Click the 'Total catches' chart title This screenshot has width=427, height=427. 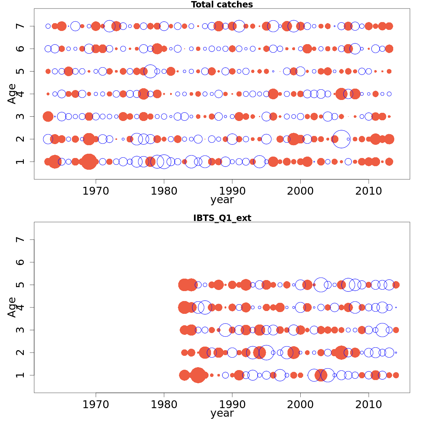pos(222,5)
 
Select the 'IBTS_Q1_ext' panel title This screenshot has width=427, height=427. pos(222,218)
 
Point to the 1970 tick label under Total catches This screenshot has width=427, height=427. pos(96,191)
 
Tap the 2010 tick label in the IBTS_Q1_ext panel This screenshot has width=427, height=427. pos(369,405)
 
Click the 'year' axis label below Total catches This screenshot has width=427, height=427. pos(222,200)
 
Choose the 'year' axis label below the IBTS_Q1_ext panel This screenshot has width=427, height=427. pos(222,413)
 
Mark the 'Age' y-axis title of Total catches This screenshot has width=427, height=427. pos(12,94)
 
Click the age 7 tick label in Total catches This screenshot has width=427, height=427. pos(21,26)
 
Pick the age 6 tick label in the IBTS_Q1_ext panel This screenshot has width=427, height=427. pos(21,262)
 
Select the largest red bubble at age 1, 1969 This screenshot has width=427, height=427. pos(89,162)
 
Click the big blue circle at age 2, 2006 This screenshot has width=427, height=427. pos(341,139)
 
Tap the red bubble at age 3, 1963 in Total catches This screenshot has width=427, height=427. pos(48,116)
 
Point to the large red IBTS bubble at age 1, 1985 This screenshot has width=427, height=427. pos(198,375)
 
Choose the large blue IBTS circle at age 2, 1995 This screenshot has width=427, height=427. pos(266,353)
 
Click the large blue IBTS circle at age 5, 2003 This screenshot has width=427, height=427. pos(321,285)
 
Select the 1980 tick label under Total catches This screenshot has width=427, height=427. pos(164,191)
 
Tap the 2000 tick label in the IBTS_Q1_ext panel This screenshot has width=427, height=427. pos(300,405)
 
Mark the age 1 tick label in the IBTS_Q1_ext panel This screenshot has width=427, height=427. pos(21,375)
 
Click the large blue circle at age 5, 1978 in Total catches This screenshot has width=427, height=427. pos(151,71)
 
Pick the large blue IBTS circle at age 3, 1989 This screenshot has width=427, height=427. pos(225,330)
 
